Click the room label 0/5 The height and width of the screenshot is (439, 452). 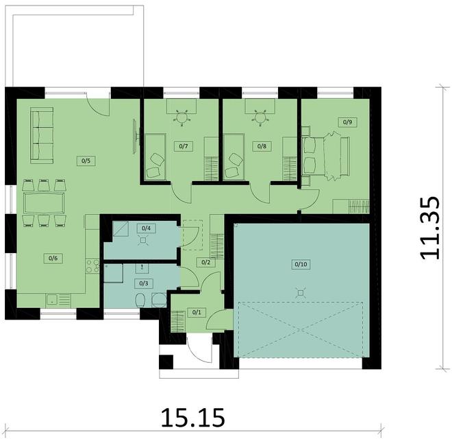(x=86, y=161)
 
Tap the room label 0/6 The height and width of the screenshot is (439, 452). (x=52, y=258)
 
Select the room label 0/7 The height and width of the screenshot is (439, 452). (x=183, y=146)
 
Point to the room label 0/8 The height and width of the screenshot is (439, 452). (x=261, y=146)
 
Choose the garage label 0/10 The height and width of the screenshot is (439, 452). (x=301, y=263)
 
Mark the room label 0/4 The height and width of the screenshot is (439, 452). (x=146, y=228)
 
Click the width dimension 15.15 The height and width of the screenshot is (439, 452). (x=192, y=417)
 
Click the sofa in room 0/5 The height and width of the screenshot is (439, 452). (x=43, y=135)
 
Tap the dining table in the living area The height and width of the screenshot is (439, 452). (x=44, y=203)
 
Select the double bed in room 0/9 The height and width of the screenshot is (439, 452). (x=323, y=156)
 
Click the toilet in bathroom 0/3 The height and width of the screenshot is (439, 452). (x=140, y=300)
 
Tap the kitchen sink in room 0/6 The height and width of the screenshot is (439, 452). (x=51, y=299)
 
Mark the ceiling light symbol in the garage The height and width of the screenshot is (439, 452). (x=300, y=292)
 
